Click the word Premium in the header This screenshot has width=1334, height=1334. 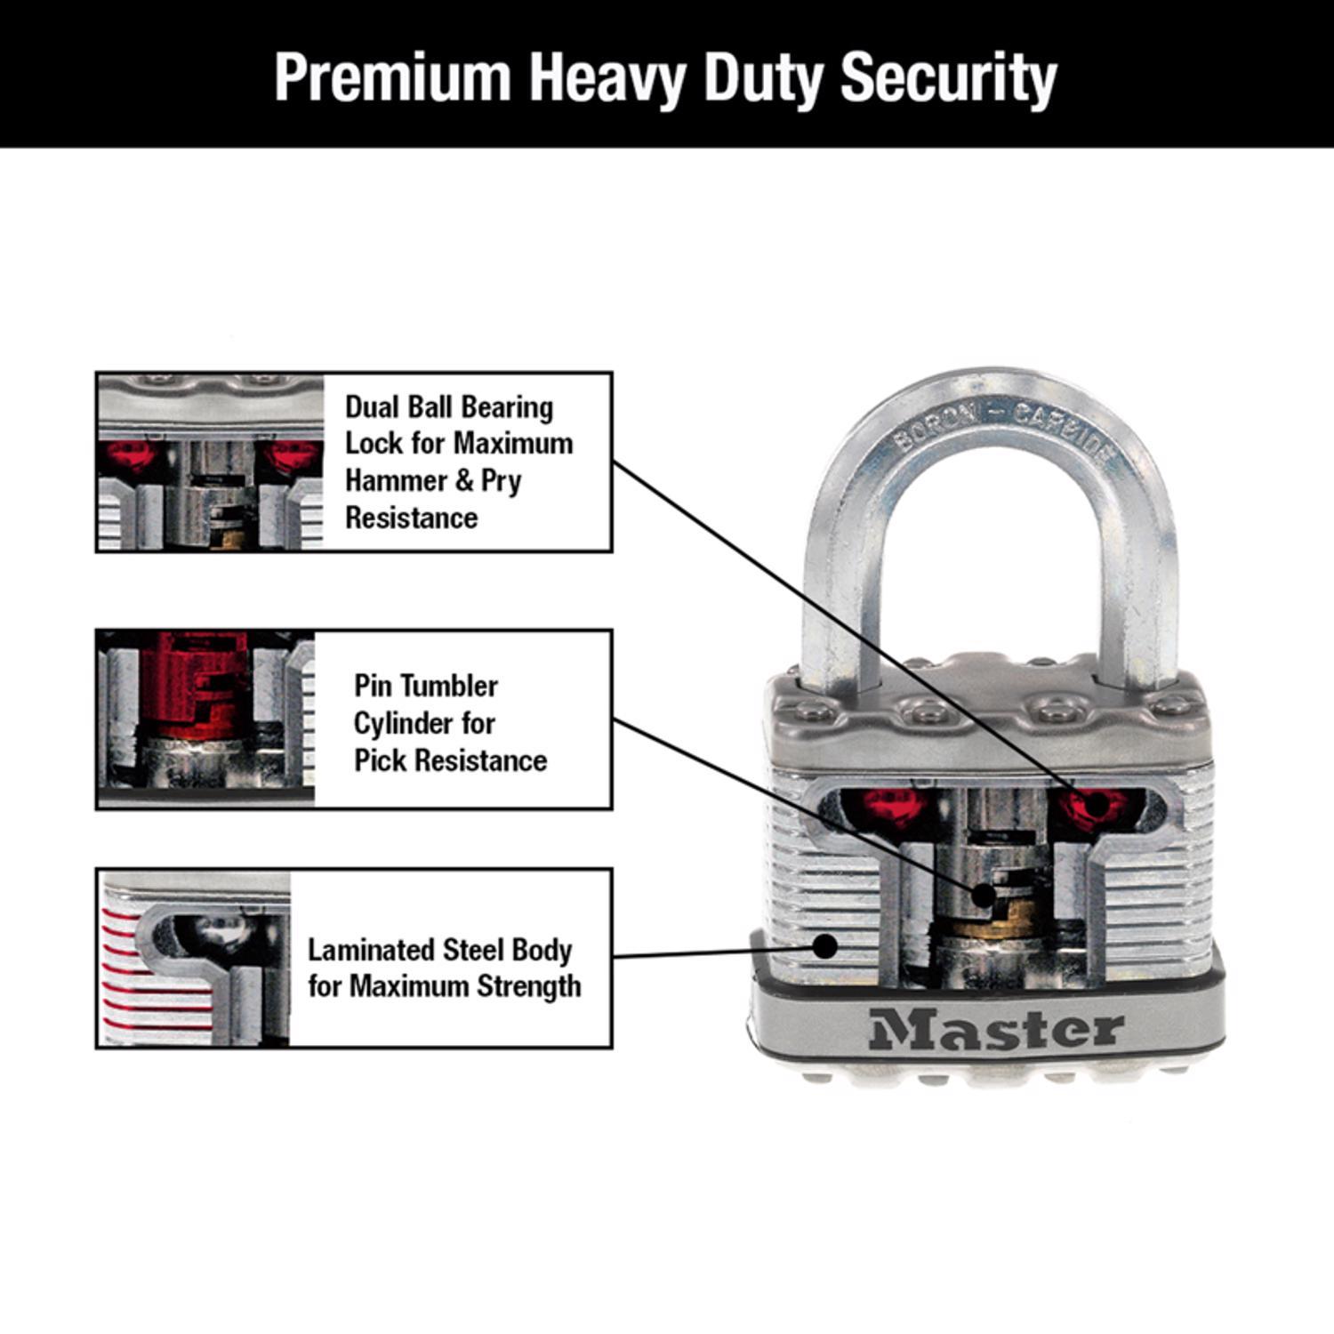[392, 78]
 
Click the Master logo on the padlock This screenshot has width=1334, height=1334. [997, 1030]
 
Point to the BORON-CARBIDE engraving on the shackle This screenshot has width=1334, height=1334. [1005, 430]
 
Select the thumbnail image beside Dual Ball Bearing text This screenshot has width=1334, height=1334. [210, 462]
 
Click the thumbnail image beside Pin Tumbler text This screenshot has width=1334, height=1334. [206, 719]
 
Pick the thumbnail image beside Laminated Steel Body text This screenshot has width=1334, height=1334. [194, 959]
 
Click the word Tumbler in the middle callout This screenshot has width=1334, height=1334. [454, 686]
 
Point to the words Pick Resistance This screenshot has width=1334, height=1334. [450, 760]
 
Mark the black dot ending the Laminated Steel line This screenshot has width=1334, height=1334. [826, 946]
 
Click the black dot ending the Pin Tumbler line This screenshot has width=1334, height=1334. [982, 896]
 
